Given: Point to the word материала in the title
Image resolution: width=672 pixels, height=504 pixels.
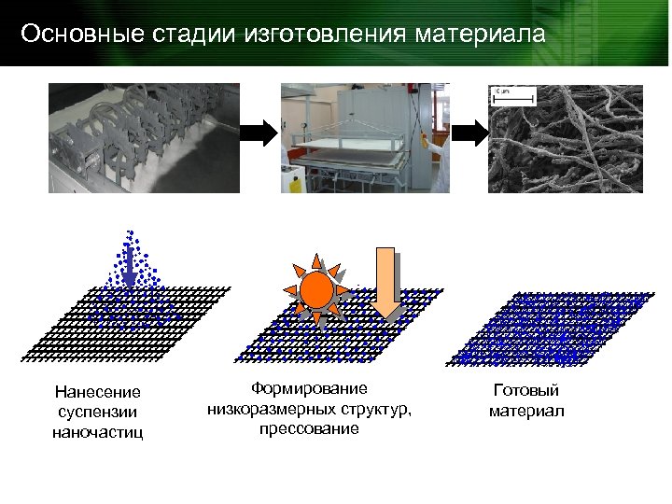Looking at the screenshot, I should [478, 35].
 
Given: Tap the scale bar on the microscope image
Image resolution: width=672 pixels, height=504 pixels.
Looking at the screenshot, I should [513, 95].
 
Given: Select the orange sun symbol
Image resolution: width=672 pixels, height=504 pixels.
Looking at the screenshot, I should [318, 290].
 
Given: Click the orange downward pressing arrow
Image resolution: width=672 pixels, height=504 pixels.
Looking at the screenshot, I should [385, 280].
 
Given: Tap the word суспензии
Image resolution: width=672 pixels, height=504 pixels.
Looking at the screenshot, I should [98, 413].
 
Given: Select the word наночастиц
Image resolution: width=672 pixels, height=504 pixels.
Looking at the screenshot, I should [98, 433].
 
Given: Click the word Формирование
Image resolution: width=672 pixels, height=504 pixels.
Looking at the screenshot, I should [310, 388].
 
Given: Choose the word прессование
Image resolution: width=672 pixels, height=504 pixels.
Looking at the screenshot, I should [310, 428].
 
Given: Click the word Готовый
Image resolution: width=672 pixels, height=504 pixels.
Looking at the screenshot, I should [526, 392].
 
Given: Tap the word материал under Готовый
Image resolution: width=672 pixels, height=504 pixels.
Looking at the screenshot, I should [526, 412].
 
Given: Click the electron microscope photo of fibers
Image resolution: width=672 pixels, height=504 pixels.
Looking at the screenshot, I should [565, 137].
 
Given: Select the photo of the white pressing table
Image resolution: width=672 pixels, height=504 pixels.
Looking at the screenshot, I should [366, 137].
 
